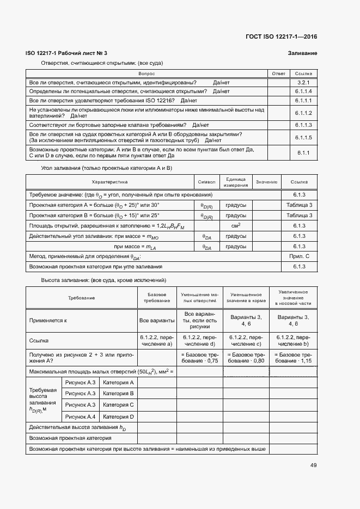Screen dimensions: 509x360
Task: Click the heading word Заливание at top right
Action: pyautogui.click(x=302, y=53)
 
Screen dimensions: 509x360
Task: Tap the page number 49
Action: pyautogui.click(x=313, y=465)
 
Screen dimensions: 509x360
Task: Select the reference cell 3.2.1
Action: pyautogui.click(x=303, y=82)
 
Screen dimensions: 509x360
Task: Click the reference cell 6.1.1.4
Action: pyautogui.click(x=303, y=91)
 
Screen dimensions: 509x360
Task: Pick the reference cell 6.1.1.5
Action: pyautogui.click(x=303, y=138)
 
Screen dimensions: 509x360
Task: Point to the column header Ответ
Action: pyautogui.click(x=278, y=73)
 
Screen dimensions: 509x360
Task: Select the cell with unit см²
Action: pyautogui.click(x=236, y=225)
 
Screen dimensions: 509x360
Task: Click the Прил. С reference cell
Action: pyautogui.click(x=299, y=256)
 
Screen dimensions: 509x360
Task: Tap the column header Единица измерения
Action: pyautogui.click(x=236, y=182)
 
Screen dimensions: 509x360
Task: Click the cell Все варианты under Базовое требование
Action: pyautogui.click(x=157, y=321)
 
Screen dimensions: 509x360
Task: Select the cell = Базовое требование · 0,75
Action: pyautogui.click(x=200, y=357)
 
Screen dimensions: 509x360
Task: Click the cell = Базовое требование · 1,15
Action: pyautogui.click(x=294, y=357)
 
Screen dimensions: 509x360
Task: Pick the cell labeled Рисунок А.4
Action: pyautogui.click(x=80, y=416)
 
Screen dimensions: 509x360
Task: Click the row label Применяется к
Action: pyautogui.click(x=48, y=321)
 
